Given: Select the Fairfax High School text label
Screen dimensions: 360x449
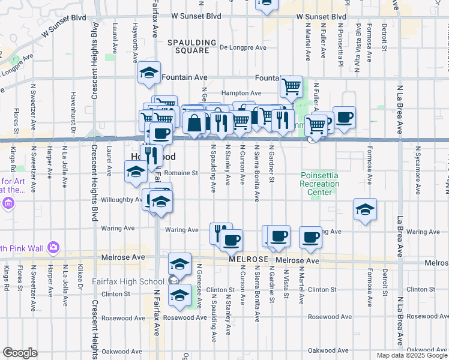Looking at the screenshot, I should (127, 281).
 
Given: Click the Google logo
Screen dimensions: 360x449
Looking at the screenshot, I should (20, 353).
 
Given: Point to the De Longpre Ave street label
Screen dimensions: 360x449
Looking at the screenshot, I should (243, 47).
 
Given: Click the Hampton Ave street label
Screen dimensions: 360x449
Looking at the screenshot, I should (241, 94).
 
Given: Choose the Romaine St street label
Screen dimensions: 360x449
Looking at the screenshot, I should (182, 173).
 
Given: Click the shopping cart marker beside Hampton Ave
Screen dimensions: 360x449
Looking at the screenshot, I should (291, 86).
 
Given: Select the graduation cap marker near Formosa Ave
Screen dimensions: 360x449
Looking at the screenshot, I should (365, 209).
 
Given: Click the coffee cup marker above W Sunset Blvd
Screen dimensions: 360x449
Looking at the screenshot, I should (266, 5).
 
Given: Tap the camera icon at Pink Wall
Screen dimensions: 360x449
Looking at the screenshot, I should (53, 247).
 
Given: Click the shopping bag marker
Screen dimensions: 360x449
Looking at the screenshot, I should (195, 123).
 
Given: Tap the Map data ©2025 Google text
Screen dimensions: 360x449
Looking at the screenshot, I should (411, 355).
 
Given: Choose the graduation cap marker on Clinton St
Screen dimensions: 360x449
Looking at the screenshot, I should (179, 295).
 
